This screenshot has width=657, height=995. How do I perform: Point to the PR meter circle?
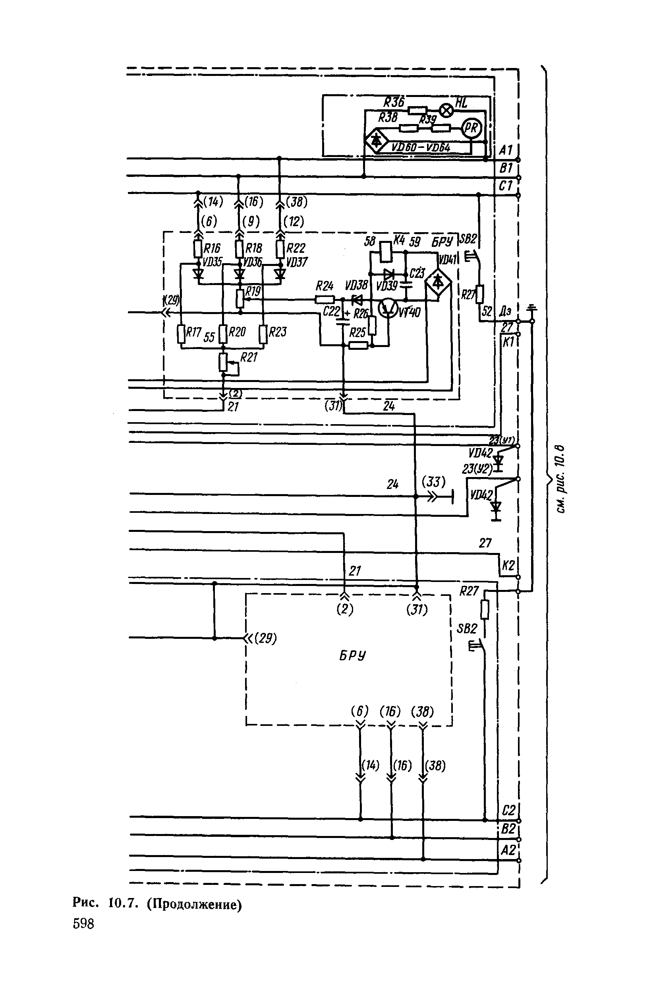coord(472,128)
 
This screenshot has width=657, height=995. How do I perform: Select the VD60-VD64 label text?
coord(420,147)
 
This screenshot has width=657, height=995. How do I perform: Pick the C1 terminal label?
coord(506,186)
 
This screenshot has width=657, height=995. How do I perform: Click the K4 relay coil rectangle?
coord(385,252)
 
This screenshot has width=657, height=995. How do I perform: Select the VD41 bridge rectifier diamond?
coord(438,283)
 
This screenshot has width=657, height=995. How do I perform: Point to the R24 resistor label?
coord(324,286)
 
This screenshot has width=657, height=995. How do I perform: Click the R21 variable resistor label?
coord(249,357)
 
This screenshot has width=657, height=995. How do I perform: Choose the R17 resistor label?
coord(193,332)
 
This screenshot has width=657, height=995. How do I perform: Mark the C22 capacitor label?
coord(331,312)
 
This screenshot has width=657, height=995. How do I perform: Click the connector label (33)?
coord(434,481)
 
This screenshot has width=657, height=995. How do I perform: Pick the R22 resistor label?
coord(296,248)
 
